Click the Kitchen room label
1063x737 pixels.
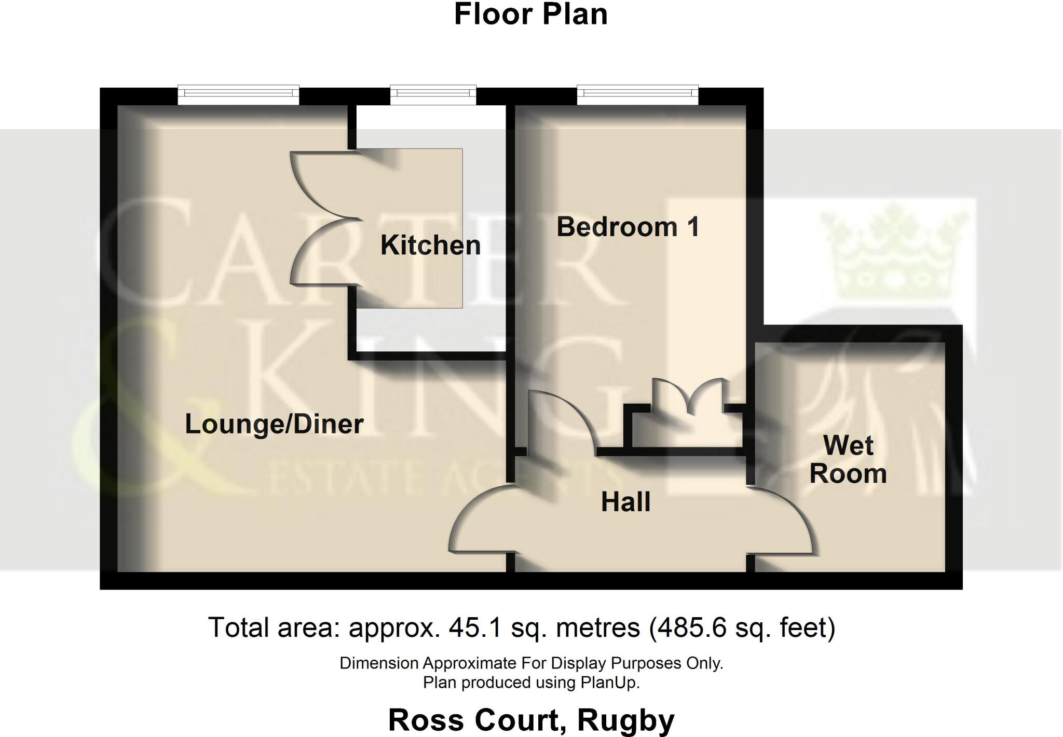430,245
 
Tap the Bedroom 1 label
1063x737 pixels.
628,227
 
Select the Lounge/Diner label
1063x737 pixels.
274,424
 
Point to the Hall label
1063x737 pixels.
625,502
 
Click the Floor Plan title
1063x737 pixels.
530,15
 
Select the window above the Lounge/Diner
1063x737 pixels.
238,93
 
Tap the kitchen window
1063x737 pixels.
433,93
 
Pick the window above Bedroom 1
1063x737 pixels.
637,93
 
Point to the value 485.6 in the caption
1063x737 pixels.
690,627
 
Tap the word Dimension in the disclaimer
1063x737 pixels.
379,663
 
